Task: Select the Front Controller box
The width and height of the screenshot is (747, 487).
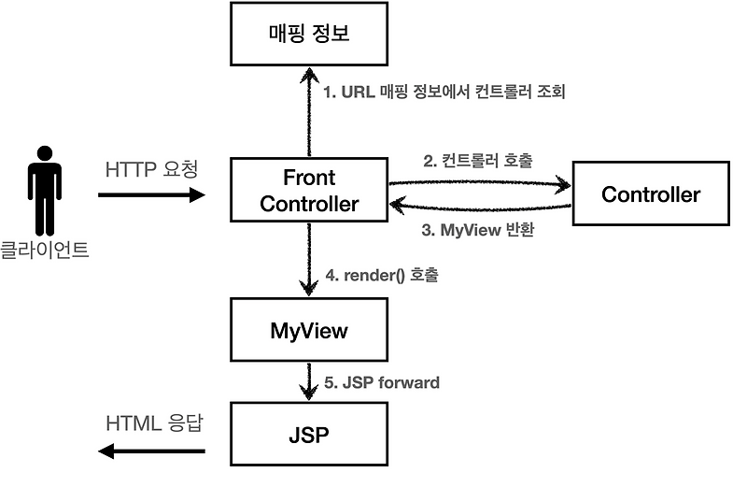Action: pos(308,191)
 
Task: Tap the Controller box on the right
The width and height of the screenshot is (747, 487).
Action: pos(650,194)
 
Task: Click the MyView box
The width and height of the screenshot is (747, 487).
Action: pos(308,330)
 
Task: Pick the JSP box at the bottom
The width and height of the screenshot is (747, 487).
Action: pos(308,435)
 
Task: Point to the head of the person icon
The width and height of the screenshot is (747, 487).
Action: pos(44,153)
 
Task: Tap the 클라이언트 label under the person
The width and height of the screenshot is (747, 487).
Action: pos(44,250)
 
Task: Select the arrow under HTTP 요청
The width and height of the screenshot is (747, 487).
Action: pos(150,195)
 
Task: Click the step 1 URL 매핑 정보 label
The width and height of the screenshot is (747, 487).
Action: pos(444,93)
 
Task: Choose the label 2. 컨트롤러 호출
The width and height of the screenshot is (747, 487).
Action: pos(477,160)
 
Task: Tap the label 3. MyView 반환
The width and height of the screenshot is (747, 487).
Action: pos(477,229)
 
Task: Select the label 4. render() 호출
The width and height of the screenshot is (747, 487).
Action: pos(380,276)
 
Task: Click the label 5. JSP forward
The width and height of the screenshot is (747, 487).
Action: pos(381,382)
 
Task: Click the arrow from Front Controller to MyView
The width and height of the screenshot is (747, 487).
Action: pos(308,263)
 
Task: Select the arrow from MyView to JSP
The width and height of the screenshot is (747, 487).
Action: pos(308,380)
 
